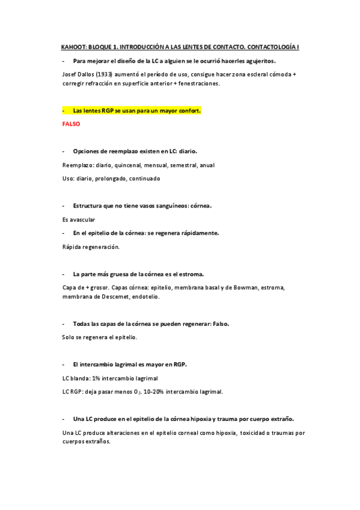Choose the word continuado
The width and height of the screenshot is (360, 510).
[x=144, y=178]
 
